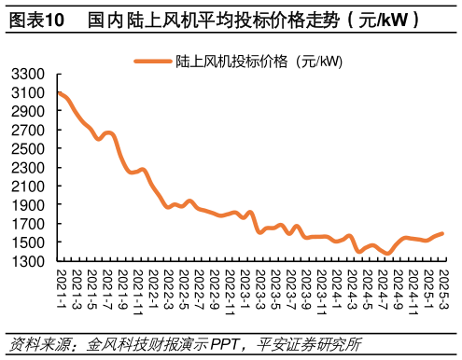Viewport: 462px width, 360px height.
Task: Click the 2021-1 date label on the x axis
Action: tap(61, 286)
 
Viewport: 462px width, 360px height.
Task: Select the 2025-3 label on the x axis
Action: tap(443, 286)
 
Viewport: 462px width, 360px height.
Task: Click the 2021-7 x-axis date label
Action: tap(106, 286)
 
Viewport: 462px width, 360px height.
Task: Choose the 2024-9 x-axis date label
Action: tap(398, 286)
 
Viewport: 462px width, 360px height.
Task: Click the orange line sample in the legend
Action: tap(152, 62)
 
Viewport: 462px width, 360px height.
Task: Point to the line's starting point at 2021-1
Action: tap(59, 92)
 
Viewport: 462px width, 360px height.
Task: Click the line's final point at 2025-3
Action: tap(441, 233)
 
